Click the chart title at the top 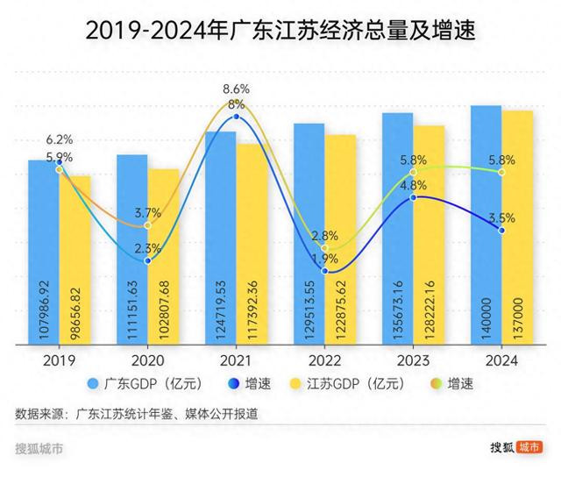[280, 32]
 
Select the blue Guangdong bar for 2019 [44, 254]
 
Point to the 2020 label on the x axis [147, 360]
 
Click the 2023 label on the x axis [413, 360]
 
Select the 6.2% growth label [60, 139]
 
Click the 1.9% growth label [324, 259]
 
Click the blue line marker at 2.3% [147, 260]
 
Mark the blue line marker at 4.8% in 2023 [413, 198]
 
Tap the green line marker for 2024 [501, 173]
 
